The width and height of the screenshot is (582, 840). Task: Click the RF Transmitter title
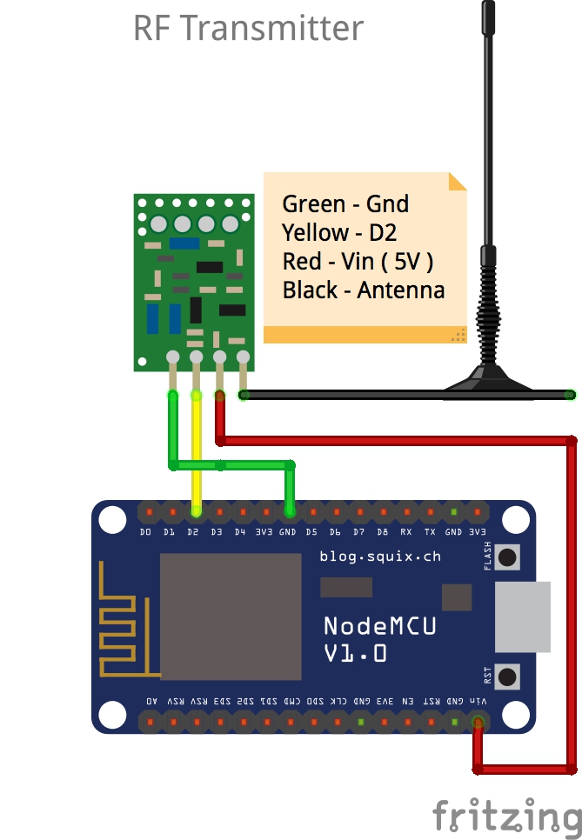pyautogui.click(x=248, y=29)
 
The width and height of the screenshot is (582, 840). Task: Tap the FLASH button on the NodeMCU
pyautogui.click(x=506, y=557)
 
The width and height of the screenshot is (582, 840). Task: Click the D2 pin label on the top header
pyautogui.click(x=192, y=531)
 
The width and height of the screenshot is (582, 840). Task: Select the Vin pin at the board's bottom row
pyautogui.click(x=478, y=721)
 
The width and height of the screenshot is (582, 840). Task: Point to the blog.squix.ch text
pyautogui.click(x=380, y=557)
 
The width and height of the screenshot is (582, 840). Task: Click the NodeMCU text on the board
pyautogui.click(x=379, y=625)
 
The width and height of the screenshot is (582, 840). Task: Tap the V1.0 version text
pyautogui.click(x=355, y=653)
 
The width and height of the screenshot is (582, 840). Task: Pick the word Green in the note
pyautogui.click(x=314, y=204)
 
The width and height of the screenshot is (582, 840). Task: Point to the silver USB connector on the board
pyautogui.click(x=522, y=617)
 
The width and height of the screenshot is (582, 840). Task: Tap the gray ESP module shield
pyautogui.click(x=230, y=617)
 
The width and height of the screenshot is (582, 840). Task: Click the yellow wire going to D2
pyautogui.click(x=197, y=452)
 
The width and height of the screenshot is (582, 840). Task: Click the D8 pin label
pyautogui.click(x=382, y=531)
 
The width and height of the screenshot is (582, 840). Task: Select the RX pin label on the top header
pyautogui.click(x=406, y=531)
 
